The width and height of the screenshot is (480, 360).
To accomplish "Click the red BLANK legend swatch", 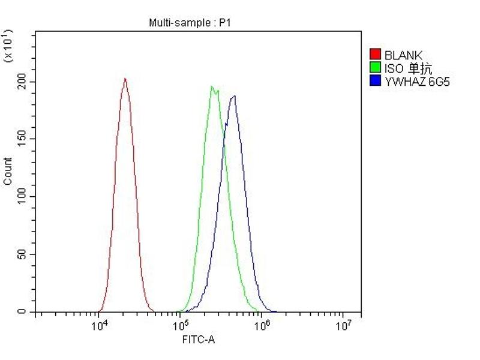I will (x=376, y=55).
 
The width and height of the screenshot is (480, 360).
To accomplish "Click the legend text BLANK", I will (x=403, y=56).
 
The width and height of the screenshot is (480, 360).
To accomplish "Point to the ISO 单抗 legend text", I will (x=408, y=68).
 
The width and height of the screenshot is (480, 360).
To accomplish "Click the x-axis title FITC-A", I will (x=199, y=340).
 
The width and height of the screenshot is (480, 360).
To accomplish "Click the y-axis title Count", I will (x=8, y=171).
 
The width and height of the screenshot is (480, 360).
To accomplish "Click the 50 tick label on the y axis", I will (x=22, y=254).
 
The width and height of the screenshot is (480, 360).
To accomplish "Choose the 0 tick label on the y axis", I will (x=24, y=312).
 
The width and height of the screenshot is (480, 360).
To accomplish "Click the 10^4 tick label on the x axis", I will (x=100, y=326).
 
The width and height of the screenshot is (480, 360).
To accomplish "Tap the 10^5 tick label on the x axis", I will (x=181, y=326).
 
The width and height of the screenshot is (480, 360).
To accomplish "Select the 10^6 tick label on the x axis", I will (x=262, y=326).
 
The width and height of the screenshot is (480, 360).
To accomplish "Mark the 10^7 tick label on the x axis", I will (x=343, y=326).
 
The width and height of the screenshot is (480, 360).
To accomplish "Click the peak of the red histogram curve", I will (x=125, y=79).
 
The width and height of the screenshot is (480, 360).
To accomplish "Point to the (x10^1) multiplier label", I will (x=8, y=45).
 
